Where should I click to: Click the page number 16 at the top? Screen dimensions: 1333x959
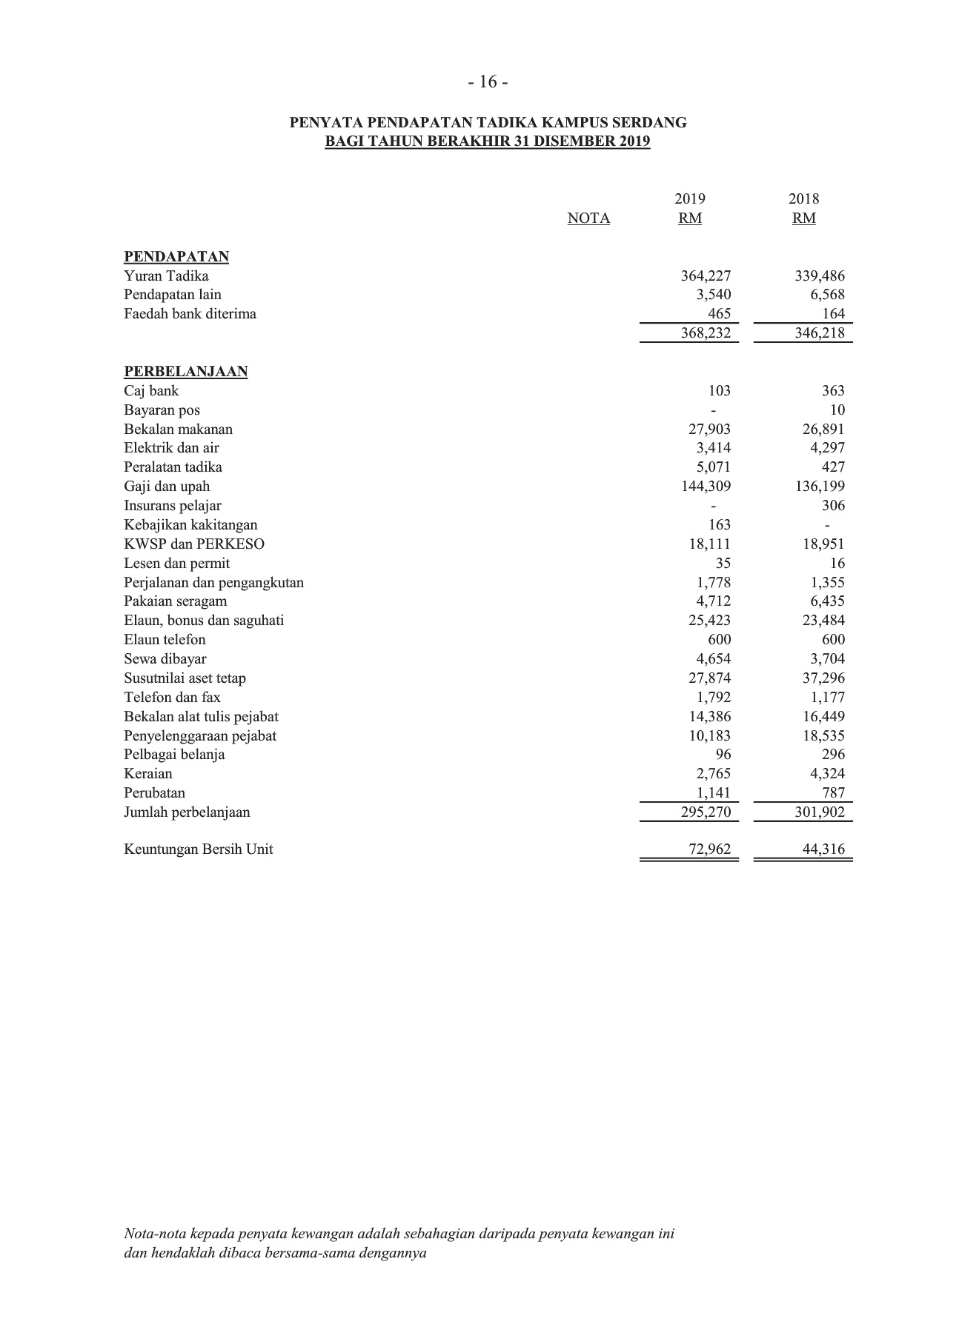click(x=488, y=82)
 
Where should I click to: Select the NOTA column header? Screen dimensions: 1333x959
click(x=588, y=218)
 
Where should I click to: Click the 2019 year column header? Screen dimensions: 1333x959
click(x=689, y=199)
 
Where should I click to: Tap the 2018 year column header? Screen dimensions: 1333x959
click(x=803, y=199)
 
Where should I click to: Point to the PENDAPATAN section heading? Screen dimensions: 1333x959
click(x=176, y=257)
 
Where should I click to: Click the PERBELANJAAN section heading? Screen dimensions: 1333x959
click(x=185, y=372)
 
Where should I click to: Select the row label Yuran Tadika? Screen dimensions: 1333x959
click(x=166, y=276)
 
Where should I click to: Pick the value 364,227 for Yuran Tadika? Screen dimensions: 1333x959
click(x=706, y=276)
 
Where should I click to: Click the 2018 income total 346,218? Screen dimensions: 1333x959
click(x=820, y=333)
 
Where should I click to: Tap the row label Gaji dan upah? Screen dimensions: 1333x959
click(x=167, y=487)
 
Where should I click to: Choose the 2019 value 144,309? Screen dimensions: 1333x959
click(x=706, y=487)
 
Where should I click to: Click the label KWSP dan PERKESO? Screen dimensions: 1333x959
click(x=194, y=544)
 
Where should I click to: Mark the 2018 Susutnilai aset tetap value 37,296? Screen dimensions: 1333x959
click(x=823, y=678)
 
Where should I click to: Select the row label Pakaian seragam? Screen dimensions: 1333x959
click(x=176, y=601)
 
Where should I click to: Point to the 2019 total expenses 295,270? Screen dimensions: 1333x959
click(x=706, y=812)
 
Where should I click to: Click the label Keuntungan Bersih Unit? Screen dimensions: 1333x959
click(x=198, y=849)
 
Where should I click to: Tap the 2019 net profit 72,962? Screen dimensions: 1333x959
click(x=709, y=849)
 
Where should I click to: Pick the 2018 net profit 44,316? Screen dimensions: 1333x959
click(x=823, y=849)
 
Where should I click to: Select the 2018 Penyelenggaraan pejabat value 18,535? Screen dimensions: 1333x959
click(x=823, y=736)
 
